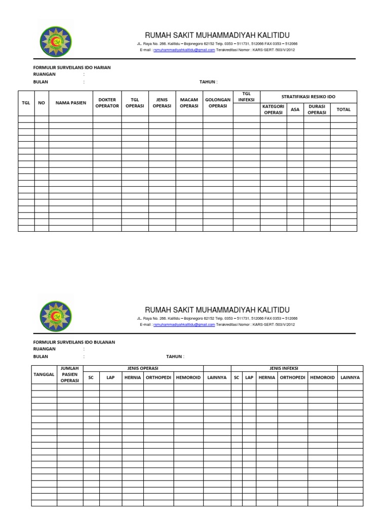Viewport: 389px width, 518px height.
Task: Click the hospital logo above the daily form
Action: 55,42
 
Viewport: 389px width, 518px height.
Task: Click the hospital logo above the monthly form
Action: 55,317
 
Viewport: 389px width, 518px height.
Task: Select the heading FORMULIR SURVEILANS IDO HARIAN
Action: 72,67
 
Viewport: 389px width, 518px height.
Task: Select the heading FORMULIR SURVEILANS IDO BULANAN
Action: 74,342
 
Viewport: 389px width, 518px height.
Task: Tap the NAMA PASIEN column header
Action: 71,103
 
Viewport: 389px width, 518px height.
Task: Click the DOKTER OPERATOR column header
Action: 107,103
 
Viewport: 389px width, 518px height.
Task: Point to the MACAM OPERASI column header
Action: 189,103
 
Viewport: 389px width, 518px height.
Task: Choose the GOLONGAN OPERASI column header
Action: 218,103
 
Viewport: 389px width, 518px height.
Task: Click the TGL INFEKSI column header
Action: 247,97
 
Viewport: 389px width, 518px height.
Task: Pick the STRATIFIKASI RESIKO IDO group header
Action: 308,97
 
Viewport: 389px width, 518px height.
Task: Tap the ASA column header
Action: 295,109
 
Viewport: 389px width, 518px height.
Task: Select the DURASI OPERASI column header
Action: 317,109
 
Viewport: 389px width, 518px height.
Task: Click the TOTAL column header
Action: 343,109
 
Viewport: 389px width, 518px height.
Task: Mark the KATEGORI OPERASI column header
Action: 274,109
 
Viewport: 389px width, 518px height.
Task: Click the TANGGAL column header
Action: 44,374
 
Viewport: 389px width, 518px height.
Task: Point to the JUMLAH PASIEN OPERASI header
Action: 70,374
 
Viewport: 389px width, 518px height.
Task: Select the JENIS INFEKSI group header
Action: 284,368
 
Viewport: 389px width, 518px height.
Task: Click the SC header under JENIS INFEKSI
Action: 237,377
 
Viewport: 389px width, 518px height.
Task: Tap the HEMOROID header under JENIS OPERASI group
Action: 188,377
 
